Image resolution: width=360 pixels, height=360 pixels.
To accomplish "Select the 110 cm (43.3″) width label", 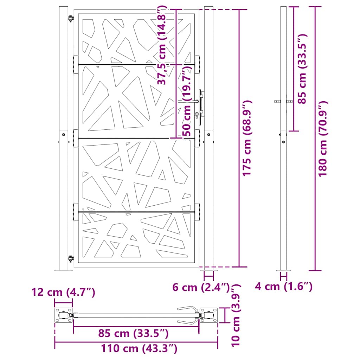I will coord(139,349).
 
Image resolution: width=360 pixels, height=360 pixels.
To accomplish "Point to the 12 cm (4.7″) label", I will coord(63,292).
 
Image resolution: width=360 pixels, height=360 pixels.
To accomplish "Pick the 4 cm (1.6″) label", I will coord(283,287).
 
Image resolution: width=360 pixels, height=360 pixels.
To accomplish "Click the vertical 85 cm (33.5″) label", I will coord(302,69).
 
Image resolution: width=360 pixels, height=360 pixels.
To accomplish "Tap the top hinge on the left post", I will coord(71,19).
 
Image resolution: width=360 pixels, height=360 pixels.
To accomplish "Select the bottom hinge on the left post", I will coord(71,259).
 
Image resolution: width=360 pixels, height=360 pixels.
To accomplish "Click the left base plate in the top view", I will coord(63,315).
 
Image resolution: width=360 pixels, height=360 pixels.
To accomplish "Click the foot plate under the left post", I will coord(63,270).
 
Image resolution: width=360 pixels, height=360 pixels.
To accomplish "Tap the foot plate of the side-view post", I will coord(283,270).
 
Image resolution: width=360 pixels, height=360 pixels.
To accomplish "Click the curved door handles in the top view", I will coord(188,315).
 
